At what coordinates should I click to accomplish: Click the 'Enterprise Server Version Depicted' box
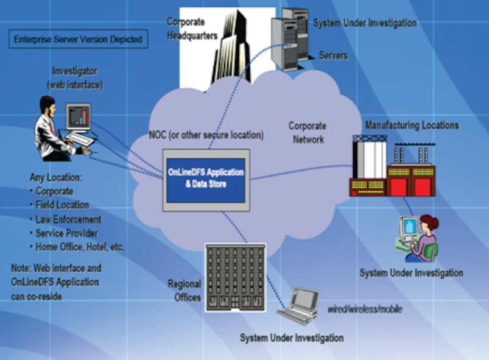(77, 40)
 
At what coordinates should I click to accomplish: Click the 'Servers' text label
(333, 55)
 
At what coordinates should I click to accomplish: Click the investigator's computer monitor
(78, 117)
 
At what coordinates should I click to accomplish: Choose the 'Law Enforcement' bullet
(68, 219)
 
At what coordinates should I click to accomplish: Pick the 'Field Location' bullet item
(62, 205)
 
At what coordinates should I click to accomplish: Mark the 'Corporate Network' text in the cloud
(308, 132)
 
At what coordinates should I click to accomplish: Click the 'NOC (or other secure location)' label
(206, 135)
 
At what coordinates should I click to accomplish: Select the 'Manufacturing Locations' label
(412, 125)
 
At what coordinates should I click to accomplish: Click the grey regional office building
(235, 277)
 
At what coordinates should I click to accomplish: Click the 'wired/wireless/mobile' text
(365, 309)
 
